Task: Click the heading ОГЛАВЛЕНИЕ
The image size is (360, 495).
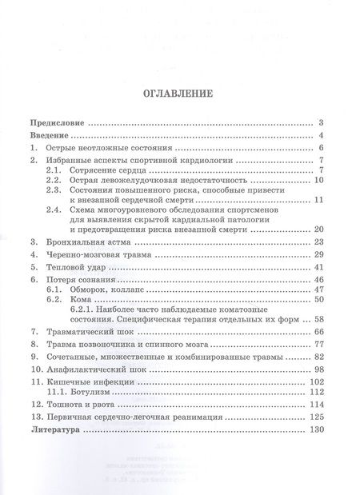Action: [x=178, y=93]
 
